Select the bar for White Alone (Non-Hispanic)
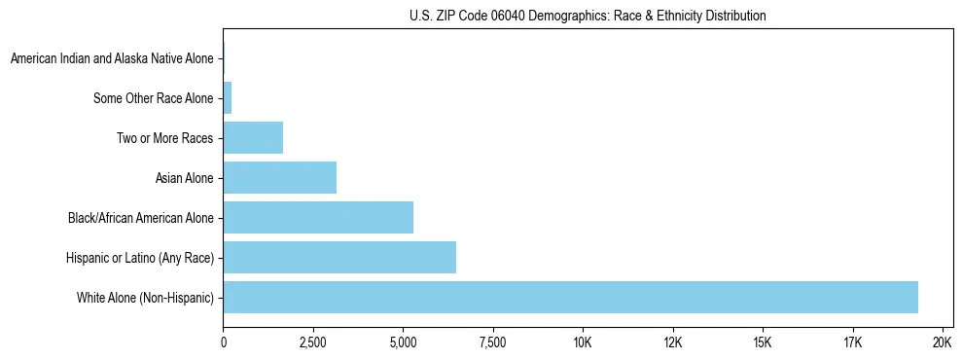tap(570, 297)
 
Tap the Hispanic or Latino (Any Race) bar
tap(339, 257)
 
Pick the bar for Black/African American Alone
tap(318, 217)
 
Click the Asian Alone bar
tap(280, 177)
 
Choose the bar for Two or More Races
tap(253, 138)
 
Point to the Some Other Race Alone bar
tap(228, 98)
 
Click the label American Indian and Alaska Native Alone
tap(112, 59)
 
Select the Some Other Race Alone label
tap(153, 98)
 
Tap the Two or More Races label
tap(164, 138)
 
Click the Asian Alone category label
tap(184, 177)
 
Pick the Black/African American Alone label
tap(140, 217)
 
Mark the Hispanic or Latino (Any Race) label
tap(139, 257)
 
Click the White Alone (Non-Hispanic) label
tap(145, 297)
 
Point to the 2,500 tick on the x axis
tap(312, 342)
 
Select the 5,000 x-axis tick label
tap(403, 342)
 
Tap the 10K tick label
tap(583, 342)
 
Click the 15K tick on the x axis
tap(763, 342)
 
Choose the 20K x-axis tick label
tap(943, 342)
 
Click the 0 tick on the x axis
tap(224, 342)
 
